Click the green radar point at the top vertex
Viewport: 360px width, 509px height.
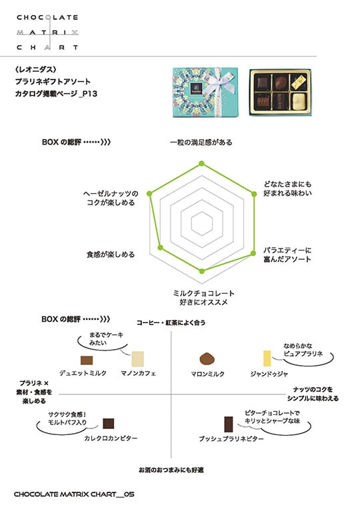[x=201, y=163]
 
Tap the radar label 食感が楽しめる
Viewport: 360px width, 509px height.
[x=111, y=254]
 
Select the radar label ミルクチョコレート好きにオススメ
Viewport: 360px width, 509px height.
[x=204, y=298]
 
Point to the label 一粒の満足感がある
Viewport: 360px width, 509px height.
[x=201, y=142]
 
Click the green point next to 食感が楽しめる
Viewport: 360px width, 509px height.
[x=160, y=248]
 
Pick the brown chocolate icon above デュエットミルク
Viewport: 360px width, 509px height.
[x=87, y=360]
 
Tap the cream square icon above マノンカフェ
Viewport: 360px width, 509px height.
[x=138, y=358]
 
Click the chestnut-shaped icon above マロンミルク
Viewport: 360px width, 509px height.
[x=207, y=358]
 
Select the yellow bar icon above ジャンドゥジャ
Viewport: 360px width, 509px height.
[x=267, y=358]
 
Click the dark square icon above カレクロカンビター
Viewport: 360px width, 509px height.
[x=109, y=423]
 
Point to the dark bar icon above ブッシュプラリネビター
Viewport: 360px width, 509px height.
[x=229, y=424]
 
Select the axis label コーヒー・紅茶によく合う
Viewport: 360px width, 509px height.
[x=171, y=322]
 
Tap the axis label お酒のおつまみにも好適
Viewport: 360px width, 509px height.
[x=171, y=470]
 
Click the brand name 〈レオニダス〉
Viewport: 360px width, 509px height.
[x=36, y=69]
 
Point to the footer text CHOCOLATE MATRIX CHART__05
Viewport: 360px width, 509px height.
[x=74, y=494]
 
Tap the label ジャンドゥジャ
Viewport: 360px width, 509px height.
[x=269, y=374]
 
